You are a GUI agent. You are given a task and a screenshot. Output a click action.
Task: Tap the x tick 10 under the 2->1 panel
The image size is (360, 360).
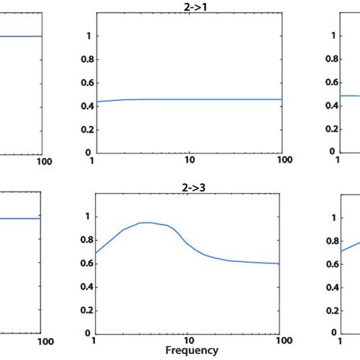190,159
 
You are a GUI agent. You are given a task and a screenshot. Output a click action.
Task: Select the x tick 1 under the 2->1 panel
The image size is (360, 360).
93,159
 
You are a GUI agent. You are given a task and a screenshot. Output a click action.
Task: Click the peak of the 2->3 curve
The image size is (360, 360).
150,223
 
